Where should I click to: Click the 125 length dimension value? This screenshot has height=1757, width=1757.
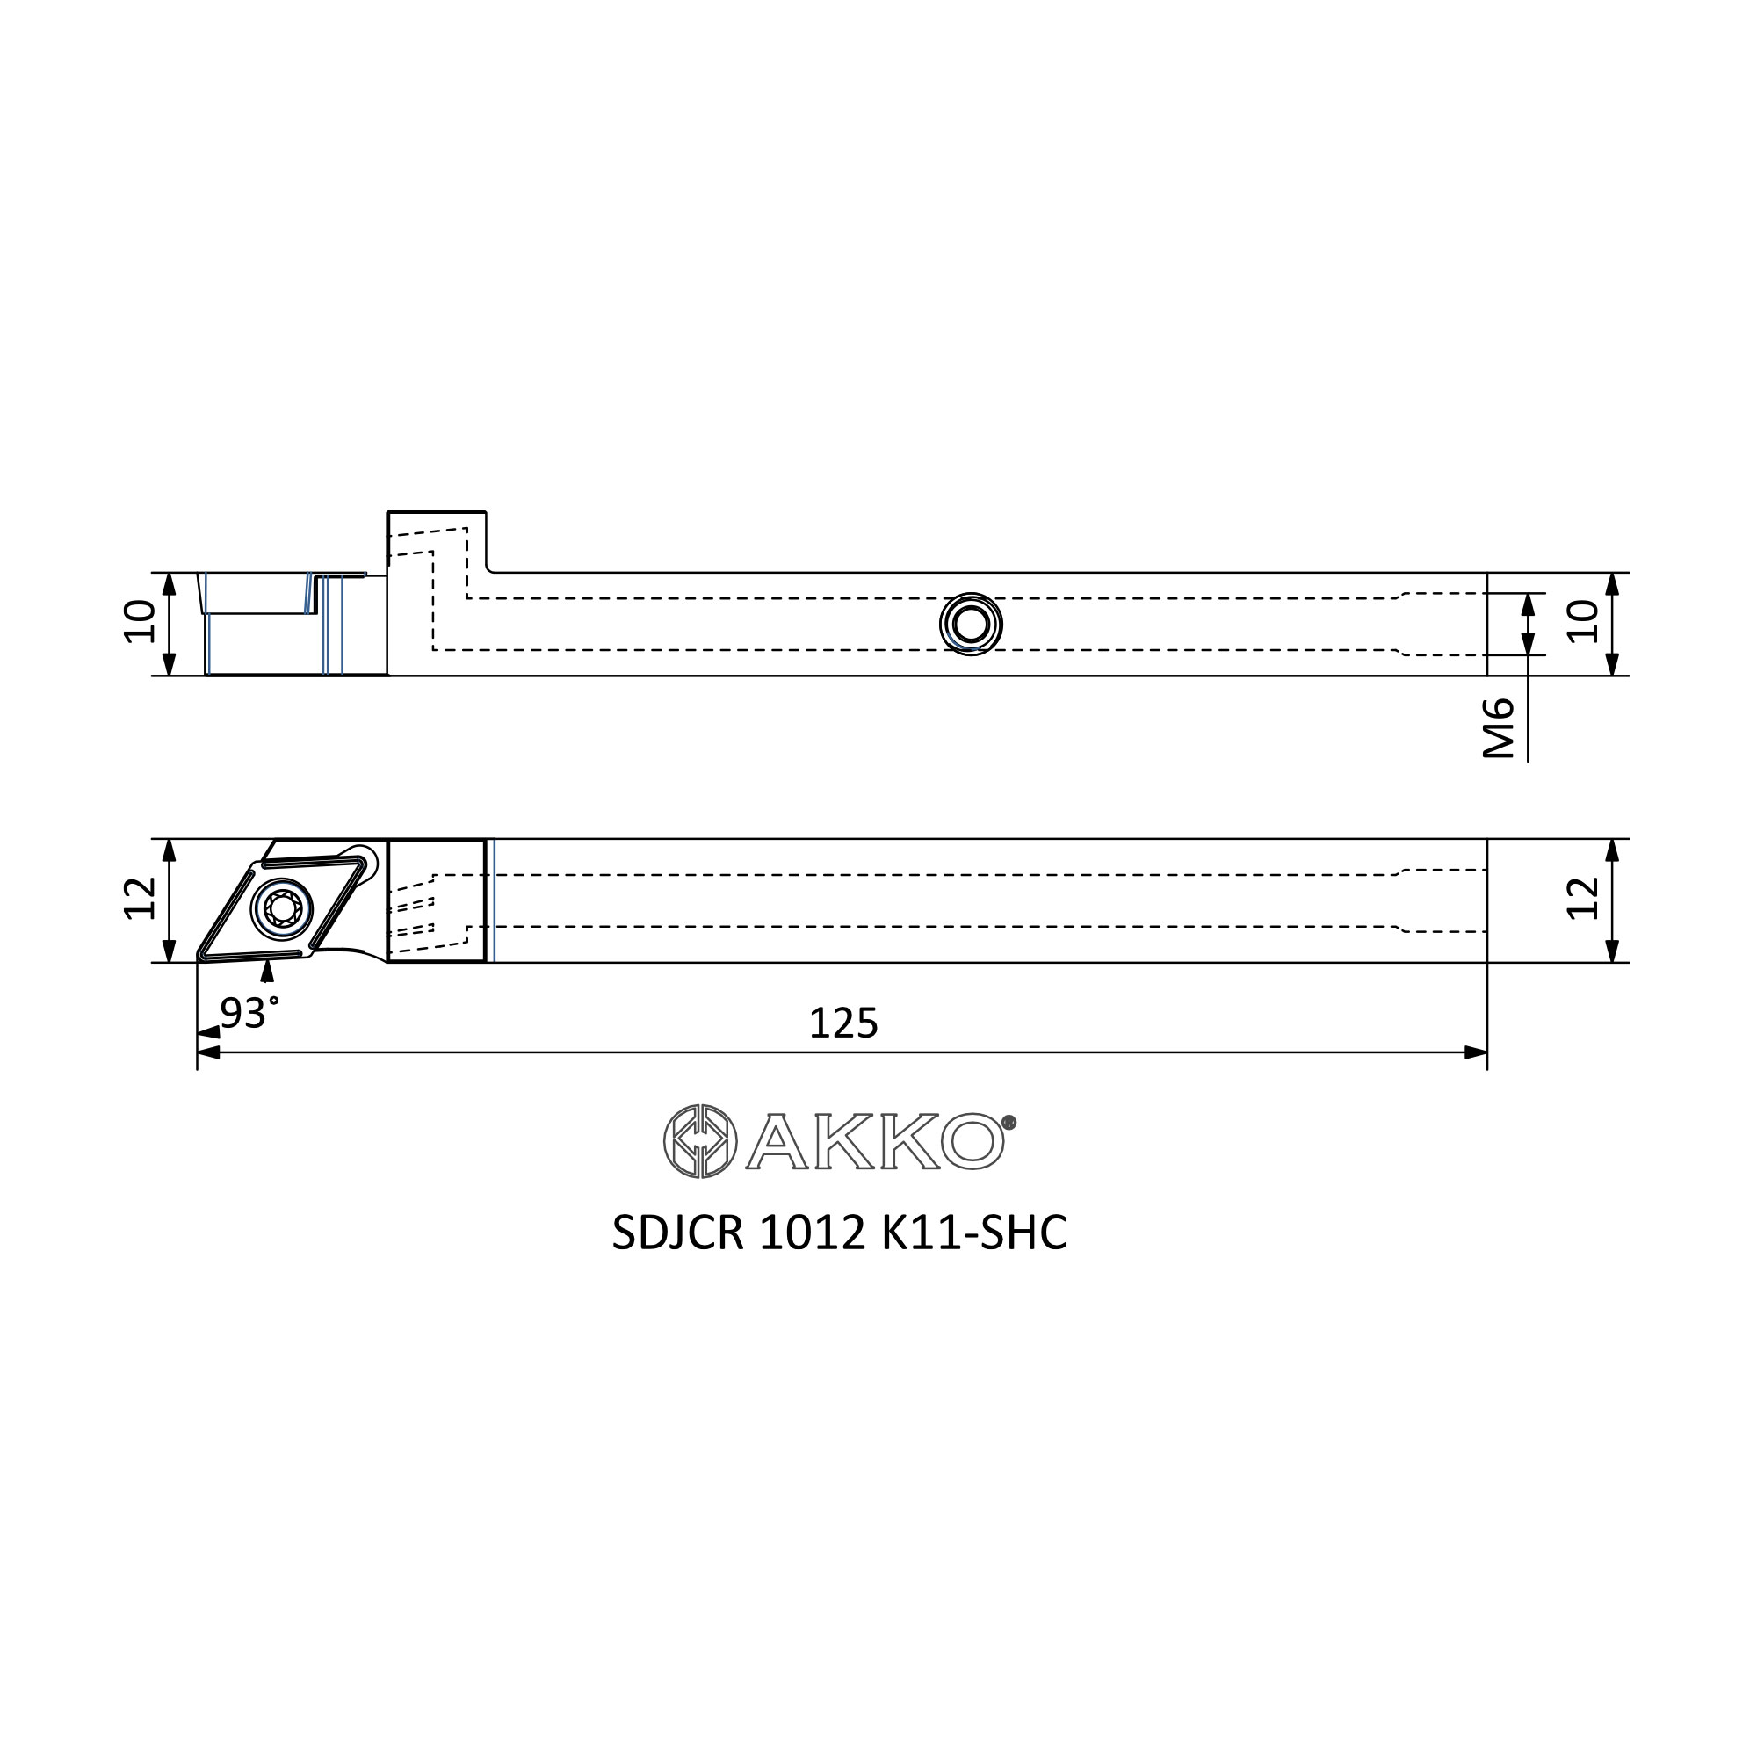coord(843,1023)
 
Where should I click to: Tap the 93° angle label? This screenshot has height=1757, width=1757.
coord(249,1012)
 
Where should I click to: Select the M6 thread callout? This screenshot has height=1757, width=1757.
coord(1499,728)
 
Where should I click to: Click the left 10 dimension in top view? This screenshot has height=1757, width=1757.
coord(140,622)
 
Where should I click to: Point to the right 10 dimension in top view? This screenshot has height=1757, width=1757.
coord(1583,622)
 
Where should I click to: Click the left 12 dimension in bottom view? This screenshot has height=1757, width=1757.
coord(140,899)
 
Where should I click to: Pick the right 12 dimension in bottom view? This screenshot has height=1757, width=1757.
coord(1583,899)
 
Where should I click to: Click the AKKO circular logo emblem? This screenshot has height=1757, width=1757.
coord(700,1141)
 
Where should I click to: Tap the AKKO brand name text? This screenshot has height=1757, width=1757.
coord(875,1141)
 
